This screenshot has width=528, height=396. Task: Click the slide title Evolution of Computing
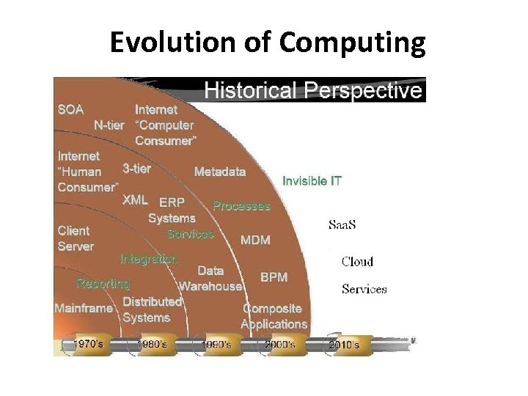pyautogui.click(x=267, y=43)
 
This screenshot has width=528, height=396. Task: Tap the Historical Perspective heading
pyautogui.click(x=313, y=91)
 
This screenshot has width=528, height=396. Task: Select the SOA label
pyautogui.click(x=70, y=110)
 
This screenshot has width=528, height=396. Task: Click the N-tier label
pyautogui.click(x=109, y=125)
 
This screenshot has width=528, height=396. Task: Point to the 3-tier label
pyautogui.click(x=136, y=169)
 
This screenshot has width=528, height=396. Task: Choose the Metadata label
pyautogui.click(x=220, y=172)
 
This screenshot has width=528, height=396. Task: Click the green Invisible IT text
pyautogui.click(x=312, y=180)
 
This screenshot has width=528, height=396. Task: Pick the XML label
pyautogui.click(x=135, y=199)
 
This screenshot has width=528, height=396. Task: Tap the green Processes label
pyautogui.click(x=241, y=206)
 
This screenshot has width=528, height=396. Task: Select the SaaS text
pyautogui.click(x=342, y=224)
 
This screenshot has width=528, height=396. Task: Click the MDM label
pyautogui.click(x=255, y=240)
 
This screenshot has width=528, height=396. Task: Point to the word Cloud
pyautogui.click(x=357, y=262)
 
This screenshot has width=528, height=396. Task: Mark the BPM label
pyautogui.click(x=274, y=277)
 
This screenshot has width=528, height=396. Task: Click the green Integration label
pyautogui.click(x=149, y=259)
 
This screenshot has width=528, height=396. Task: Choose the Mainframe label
pyautogui.click(x=84, y=309)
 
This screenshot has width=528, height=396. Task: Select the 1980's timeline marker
pyautogui.click(x=155, y=343)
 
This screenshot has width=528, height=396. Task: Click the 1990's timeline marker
pyautogui.click(x=216, y=343)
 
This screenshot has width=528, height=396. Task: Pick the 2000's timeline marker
pyautogui.click(x=279, y=343)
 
